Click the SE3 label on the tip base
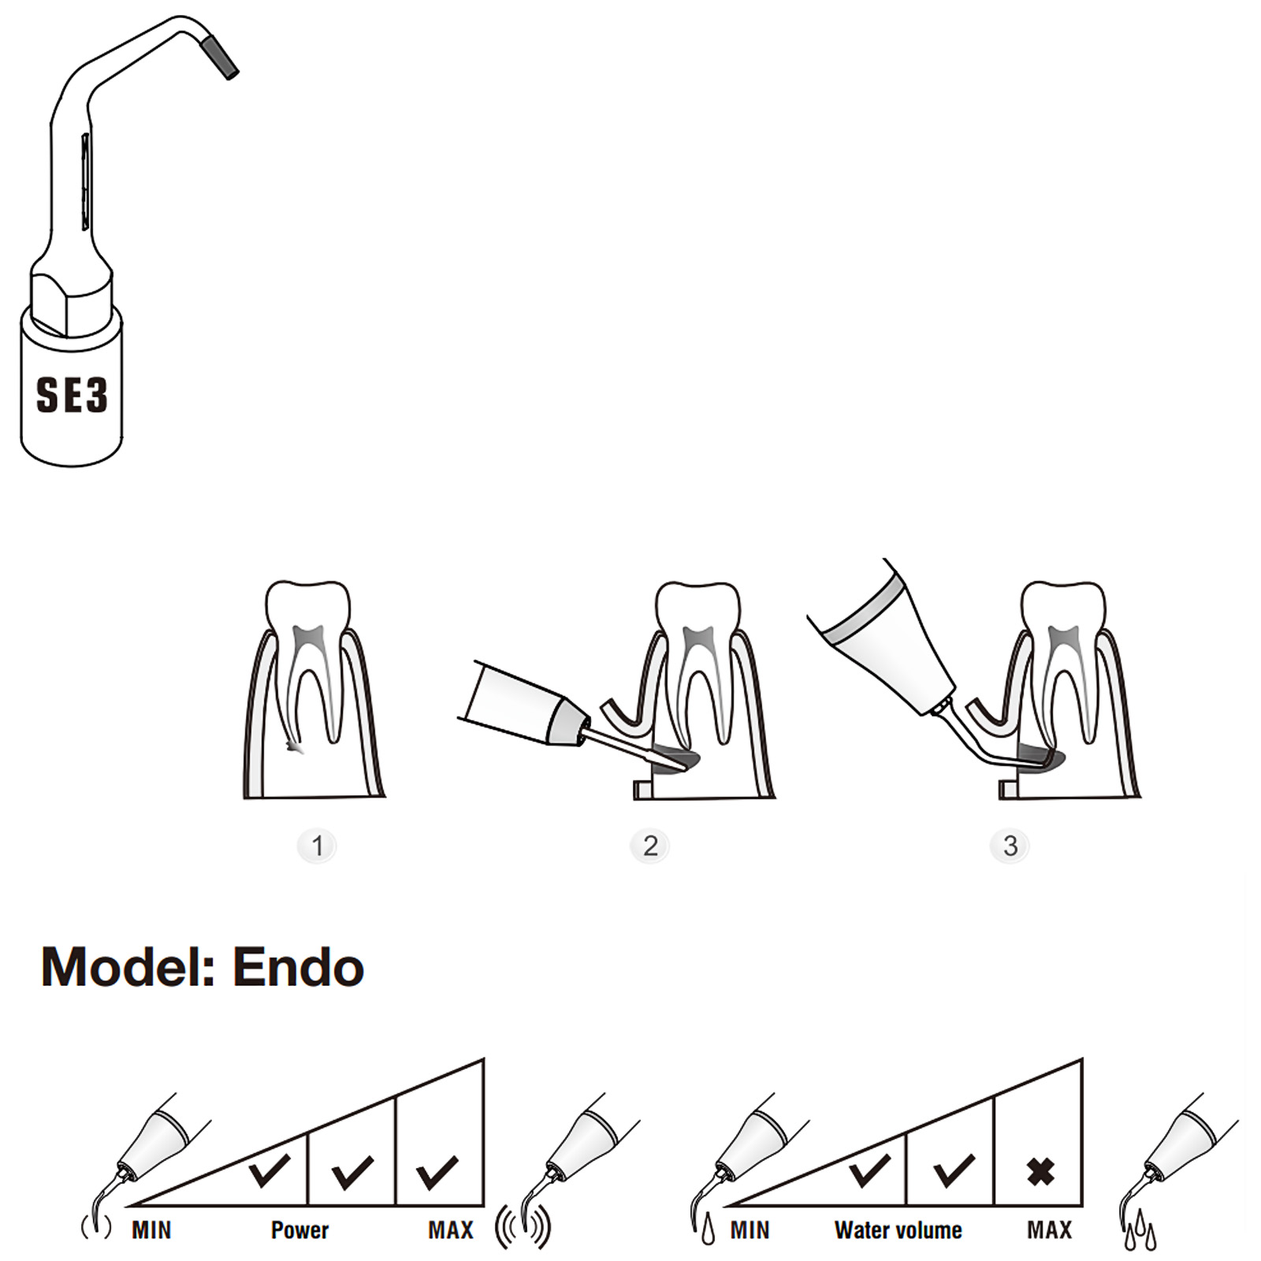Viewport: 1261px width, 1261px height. (72, 395)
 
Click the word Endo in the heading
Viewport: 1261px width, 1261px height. (298, 968)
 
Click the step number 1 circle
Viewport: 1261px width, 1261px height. (317, 846)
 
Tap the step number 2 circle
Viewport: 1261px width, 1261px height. (650, 846)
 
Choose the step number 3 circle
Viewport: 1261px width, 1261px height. (1010, 846)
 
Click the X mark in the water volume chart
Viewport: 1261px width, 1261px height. (1040, 1172)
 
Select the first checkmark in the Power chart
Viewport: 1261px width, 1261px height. (270, 1171)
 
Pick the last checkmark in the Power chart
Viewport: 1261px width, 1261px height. (437, 1172)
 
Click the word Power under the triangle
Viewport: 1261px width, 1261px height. (299, 1230)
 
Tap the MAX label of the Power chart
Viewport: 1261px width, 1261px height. (451, 1230)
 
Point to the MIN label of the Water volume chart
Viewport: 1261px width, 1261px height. (750, 1230)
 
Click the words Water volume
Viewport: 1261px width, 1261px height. (898, 1230)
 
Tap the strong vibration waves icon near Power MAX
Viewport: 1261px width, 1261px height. (523, 1227)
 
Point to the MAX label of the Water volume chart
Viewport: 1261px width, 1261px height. (1049, 1230)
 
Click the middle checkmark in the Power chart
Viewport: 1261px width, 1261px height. (353, 1172)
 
